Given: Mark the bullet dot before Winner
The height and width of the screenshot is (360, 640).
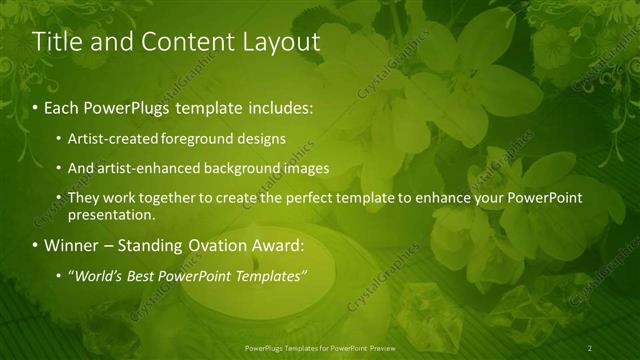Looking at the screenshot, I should pos(36,245).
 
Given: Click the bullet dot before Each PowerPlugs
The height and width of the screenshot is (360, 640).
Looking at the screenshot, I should pos(36,106).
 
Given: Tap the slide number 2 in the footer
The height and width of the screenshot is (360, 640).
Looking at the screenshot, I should pos(590,347).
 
